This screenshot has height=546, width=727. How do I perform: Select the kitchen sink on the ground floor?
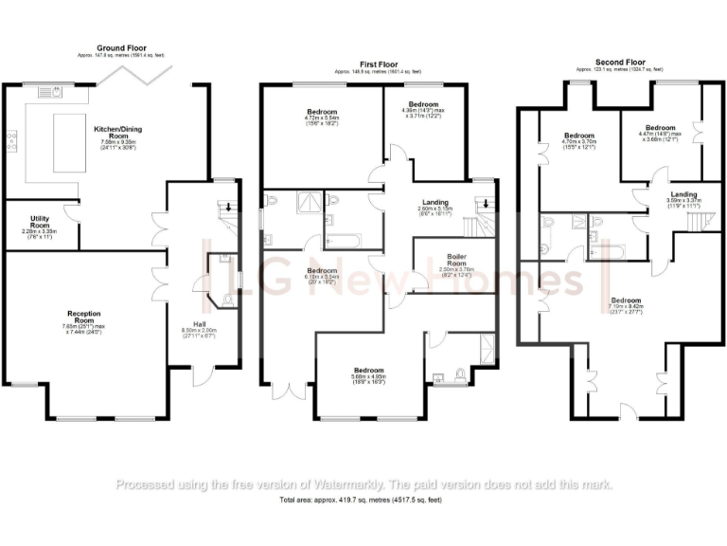(x=51, y=92)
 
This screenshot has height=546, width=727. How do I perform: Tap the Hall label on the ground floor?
(x=200, y=324)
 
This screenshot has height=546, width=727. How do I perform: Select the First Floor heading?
(x=378, y=64)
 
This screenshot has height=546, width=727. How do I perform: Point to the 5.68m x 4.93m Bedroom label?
(x=369, y=374)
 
